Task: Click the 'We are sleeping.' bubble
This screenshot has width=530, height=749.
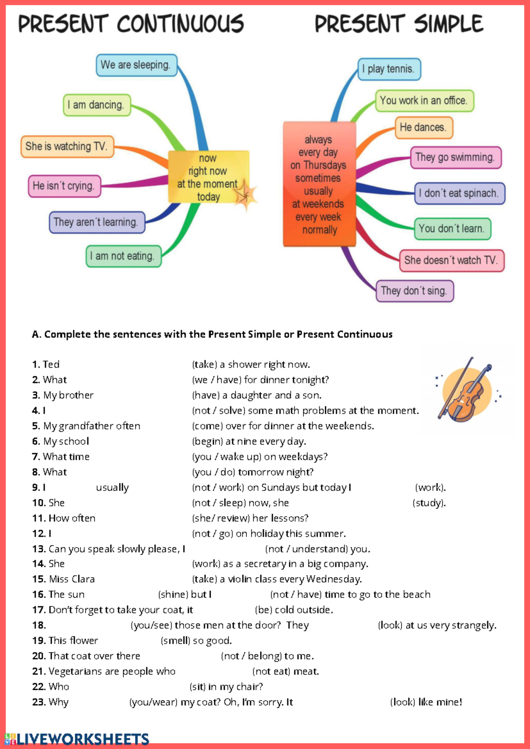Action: [136, 65]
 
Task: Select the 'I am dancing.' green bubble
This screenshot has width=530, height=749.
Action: [97, 105]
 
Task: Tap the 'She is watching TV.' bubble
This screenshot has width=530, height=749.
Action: [67, 147]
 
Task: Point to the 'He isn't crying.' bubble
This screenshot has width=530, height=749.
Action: [64, 186]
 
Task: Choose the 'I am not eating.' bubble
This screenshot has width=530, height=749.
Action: [123, 256]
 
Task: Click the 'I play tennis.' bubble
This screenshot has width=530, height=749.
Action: [389, 69]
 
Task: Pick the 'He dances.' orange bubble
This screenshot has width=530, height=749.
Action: [424, 128]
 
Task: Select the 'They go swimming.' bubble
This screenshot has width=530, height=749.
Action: [455, 158]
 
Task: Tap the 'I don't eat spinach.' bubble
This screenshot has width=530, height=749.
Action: [459, 193]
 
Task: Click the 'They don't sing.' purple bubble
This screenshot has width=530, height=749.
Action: [414, 291]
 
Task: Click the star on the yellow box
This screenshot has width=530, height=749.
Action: [244, 195]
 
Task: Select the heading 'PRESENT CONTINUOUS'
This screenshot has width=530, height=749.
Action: [131, 24]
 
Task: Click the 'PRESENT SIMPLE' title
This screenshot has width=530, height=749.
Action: [399, 24]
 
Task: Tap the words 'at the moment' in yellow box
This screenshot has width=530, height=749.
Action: [207, 184]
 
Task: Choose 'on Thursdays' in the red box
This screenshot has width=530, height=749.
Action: [318, 165]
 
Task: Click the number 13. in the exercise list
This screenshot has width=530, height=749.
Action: [39, 549]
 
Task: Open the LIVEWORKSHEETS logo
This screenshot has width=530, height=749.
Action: [77, 739]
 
